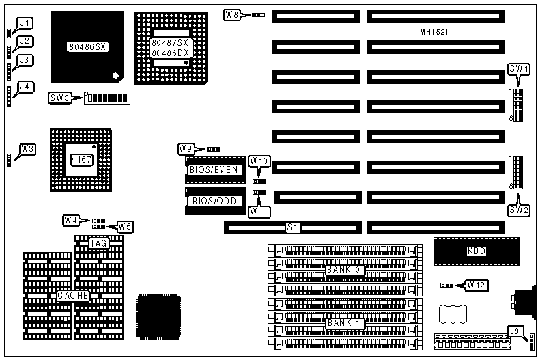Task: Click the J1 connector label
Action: tap(25, 23)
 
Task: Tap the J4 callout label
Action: tap(25, 87)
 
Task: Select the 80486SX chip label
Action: tap(85, 47)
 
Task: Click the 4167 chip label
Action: tap(80, 159)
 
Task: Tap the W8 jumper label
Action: tap(233, 14)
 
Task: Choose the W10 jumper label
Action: tap(259, 161)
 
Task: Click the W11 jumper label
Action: tap(259, 211)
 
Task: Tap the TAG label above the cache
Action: tap(99, 243)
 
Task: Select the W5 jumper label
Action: tap(124, 226)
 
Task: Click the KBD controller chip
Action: tap(476, 251)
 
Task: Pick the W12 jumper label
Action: tap(475, 284)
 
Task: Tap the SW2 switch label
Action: tap(519, 210)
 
